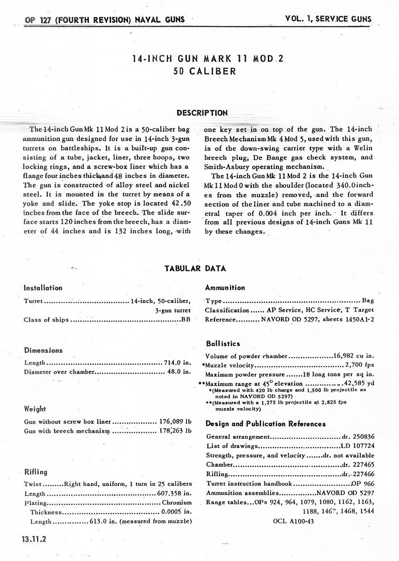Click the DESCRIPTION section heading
coord(202,113)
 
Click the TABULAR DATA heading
coord(195,269)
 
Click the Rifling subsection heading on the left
coord(36,472)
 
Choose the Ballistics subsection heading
coord(223,344)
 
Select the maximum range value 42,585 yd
coord(360,383)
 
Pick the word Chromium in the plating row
coord(177,503)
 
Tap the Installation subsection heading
coord(43,288)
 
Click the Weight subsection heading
coord(35,409)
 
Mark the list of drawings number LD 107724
coord(357,446)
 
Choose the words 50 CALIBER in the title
coord(205,71)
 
